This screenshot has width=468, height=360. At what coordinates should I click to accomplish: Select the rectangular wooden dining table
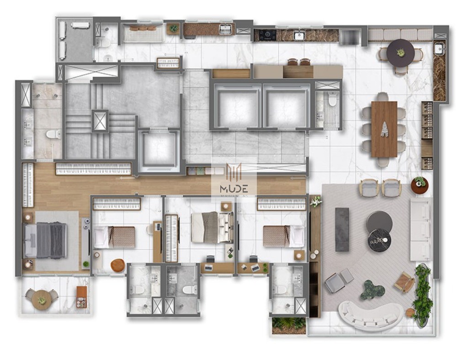384,129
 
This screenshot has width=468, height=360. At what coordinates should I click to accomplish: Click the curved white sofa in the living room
370,316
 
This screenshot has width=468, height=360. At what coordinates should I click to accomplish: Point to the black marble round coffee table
378,240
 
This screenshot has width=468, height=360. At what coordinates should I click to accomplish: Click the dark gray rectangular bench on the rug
342,229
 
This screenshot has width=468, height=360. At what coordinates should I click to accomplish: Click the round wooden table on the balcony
42,300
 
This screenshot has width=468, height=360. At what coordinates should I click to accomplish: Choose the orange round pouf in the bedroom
117,265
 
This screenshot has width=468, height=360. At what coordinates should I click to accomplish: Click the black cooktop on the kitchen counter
267,35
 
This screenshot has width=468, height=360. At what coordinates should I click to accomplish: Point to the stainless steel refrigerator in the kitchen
350,36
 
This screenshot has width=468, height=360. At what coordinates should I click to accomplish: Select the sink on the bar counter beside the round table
439,48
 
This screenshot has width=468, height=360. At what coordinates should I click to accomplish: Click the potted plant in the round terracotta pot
419,185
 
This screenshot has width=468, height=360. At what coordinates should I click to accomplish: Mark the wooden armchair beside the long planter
404,282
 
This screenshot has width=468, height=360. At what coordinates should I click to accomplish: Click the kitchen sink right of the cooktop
299,35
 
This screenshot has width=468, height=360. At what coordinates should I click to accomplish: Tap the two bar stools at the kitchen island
299,62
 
